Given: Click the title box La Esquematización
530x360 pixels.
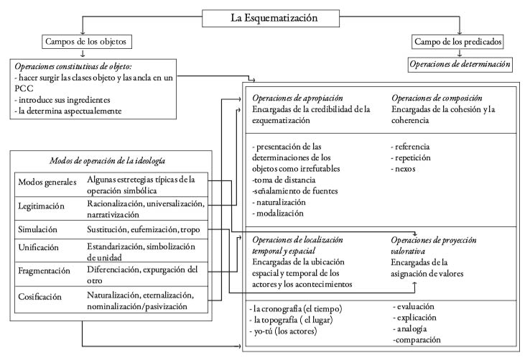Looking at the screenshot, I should coord(265,16).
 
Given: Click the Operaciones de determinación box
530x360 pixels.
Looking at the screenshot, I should coord(459,64).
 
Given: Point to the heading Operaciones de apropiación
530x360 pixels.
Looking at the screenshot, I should coord(298,97).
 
